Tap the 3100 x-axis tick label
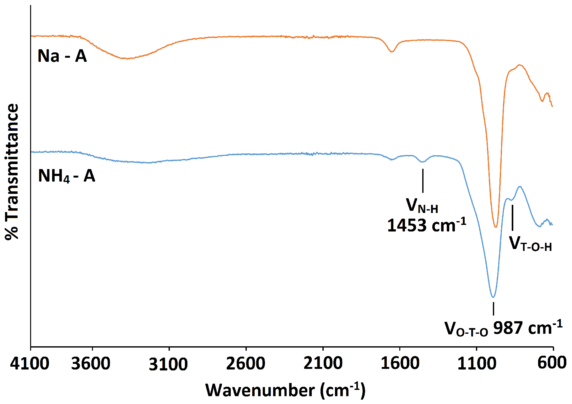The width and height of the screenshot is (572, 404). [x=168, y=364]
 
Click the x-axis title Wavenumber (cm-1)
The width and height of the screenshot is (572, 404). [x=285, y=391]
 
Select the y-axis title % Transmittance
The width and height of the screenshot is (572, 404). [x=12, y=172]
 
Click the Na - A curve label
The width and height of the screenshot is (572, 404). [x=62, y=56]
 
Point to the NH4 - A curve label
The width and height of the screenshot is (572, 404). [x=66, y=176]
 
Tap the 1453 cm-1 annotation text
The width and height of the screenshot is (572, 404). [x=426, y=226]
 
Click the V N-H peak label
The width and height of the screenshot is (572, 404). [x=422, y=206]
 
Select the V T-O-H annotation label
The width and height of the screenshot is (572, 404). [x=530, y=244]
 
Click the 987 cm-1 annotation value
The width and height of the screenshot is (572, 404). [x=527, y=328]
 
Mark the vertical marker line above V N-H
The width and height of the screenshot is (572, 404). [x=423, y=181]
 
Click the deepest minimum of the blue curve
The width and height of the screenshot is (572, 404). [x=493, y=297]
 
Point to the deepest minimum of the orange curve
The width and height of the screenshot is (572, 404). [x=496, y=226]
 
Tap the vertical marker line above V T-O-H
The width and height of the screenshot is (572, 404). [x=512, y=218]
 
